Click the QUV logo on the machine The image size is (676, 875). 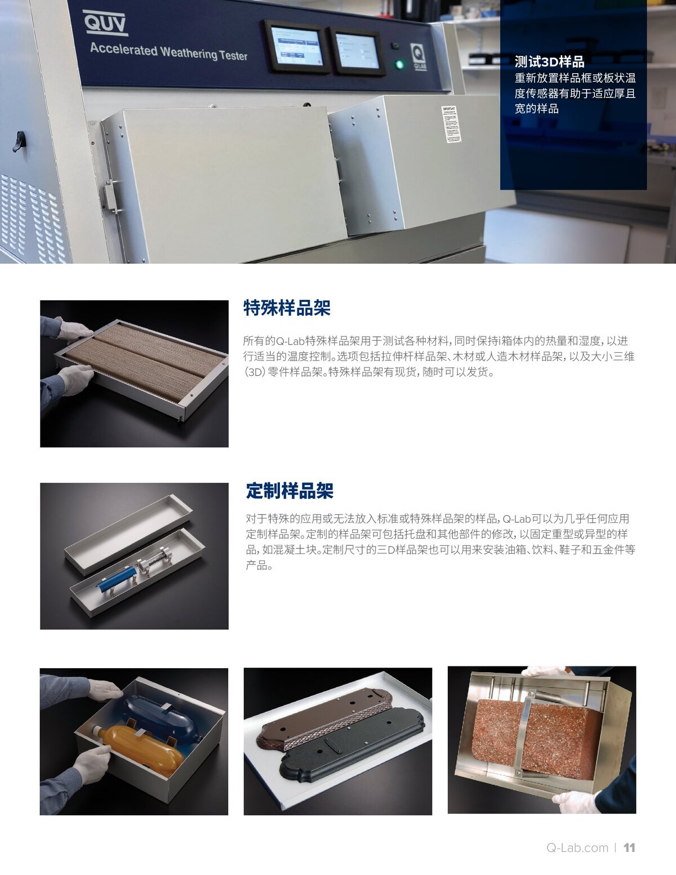tap(105, 24)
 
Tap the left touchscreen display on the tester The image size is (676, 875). tap(296, 48)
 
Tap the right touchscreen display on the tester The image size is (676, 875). tap(357, 51)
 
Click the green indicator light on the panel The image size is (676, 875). tap(400, 65)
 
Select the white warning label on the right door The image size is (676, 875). tap(451, 123)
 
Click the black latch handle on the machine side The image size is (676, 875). tap(19, 141)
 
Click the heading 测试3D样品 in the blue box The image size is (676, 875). tap(549, 62)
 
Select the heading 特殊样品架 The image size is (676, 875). tap(287, 308)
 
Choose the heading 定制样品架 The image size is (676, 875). tap(290, 491)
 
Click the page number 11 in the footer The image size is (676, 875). tap(629, 848)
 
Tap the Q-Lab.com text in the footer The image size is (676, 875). tap(577, 848)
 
